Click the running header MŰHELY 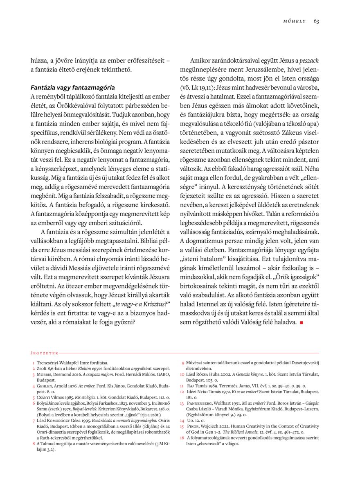pyautogui.click(x=295, y=21)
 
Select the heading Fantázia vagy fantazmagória pyautogui.click(x=73, y=88)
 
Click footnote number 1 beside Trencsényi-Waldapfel pyautogui.click(x=33, y=363)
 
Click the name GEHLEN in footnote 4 pyautogui.click(x=47, y=386)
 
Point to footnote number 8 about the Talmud pyautogui.click(x=33, y=444)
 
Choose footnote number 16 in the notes pyautogui.click(x=182, y=438)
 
